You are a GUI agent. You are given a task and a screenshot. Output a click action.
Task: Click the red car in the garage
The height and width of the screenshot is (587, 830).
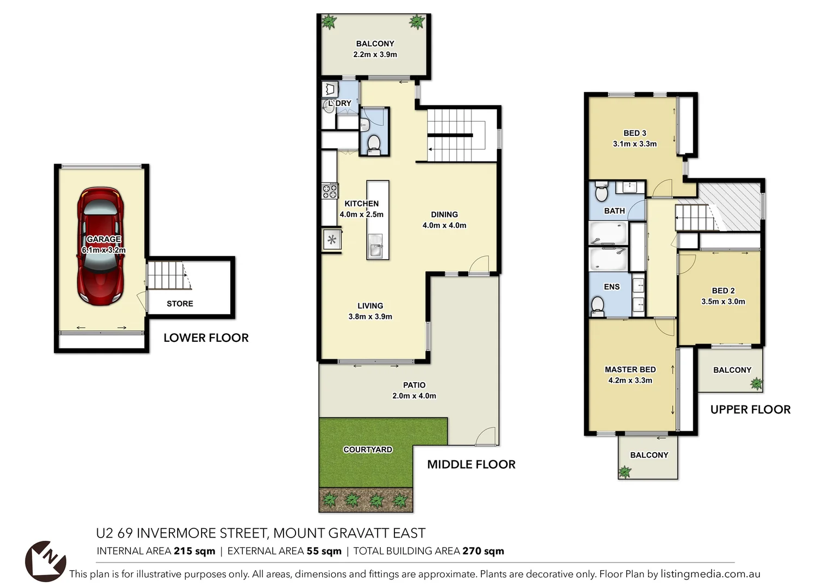(x=100, y=246)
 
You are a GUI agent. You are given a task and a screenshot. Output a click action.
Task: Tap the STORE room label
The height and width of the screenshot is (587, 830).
(x=180, y=303)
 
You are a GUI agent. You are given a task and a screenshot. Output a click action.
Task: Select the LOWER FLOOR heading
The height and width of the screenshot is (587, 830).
(x=206, y=338)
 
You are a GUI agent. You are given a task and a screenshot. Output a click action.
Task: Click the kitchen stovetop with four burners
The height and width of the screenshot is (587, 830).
(x=330, y=191)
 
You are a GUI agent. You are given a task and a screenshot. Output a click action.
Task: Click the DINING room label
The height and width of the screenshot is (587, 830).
(x=444, y=215)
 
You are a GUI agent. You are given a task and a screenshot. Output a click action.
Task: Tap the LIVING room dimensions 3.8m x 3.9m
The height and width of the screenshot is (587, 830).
(x=370, y=316)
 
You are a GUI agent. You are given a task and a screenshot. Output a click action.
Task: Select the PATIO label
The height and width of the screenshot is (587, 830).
(x=414, y=385)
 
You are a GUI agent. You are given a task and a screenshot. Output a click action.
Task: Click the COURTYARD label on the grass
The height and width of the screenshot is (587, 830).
(x=368, y=449)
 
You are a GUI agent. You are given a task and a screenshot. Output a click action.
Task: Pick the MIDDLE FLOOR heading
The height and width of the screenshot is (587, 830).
(x=471, y=464)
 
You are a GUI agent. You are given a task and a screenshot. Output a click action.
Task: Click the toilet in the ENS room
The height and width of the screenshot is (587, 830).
(x=598, y=305)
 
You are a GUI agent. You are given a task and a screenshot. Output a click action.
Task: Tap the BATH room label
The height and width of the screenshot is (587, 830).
(x=614, y=211)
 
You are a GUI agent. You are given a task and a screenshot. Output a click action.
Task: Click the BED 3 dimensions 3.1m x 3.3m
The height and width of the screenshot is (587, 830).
(x=634, y=144)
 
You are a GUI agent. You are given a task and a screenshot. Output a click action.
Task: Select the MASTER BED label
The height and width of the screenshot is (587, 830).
(x=630, y=370)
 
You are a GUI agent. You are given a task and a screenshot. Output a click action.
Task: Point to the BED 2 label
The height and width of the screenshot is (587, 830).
(x=723, y=291)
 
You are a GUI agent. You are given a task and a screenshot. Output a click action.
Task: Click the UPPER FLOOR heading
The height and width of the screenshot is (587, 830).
(x=750, y=409)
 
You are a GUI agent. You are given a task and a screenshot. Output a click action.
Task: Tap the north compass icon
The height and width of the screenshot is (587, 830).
(x=46, y=560)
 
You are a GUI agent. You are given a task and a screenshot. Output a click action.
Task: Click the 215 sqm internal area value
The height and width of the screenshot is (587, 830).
(x=194, y=551)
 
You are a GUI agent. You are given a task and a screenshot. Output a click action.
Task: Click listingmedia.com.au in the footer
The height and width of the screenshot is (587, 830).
(x=710, y=574)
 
